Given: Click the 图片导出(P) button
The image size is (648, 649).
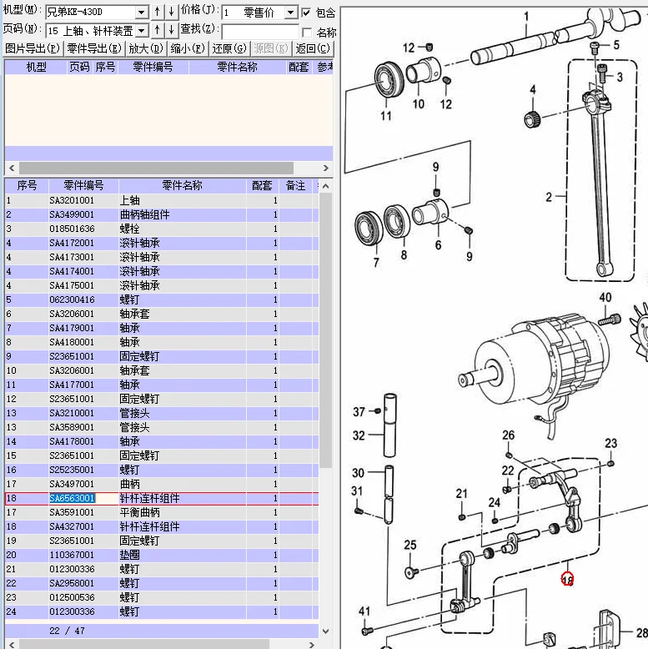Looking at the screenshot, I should coord(32,48).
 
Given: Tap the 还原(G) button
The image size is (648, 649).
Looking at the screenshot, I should coord(229,48).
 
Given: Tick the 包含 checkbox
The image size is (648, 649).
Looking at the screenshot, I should coord(306,13).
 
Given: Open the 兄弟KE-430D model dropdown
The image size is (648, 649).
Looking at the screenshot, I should coord(141,13).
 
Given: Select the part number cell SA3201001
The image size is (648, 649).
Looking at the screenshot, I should coord(72,200).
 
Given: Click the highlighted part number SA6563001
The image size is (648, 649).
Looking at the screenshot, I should coord(72,498).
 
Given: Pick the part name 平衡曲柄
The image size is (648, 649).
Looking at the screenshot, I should coord(139,512).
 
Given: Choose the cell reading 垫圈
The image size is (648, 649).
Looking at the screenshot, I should coord(129,555).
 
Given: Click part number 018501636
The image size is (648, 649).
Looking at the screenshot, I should coord(72,229).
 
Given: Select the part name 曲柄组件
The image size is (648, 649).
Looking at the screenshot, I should coord(144,214).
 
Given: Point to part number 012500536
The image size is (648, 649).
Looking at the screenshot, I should coord(72,597).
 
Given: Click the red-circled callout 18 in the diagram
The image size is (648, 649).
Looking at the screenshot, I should coord(567,579).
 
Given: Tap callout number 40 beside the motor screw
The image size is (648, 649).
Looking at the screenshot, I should coord(605,298).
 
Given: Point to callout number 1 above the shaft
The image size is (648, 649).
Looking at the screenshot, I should coord(526,16).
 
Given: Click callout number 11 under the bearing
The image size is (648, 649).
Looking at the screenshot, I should coord(385,116).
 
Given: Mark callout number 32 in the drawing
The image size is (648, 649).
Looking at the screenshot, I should coord(359,435).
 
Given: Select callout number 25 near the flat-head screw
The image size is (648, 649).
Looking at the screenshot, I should coord(409,546).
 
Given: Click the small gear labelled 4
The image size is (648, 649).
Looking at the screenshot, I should coord(532,118).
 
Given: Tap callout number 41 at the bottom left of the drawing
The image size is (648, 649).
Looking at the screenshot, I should coord(364,611).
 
